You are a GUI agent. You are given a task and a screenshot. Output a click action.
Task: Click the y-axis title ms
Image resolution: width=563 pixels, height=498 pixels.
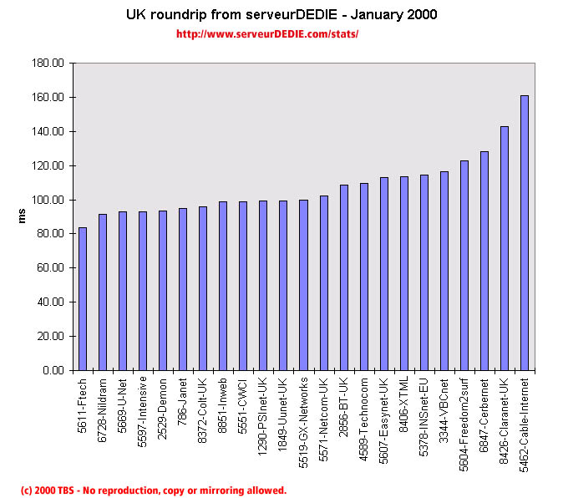point(23,216)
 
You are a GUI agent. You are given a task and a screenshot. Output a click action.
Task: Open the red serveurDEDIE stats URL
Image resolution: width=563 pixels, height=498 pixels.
point(267,34)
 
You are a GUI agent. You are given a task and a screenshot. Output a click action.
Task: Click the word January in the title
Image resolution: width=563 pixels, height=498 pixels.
point(379,15)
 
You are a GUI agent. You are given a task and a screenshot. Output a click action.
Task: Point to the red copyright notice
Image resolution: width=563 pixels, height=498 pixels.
point(153,490)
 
